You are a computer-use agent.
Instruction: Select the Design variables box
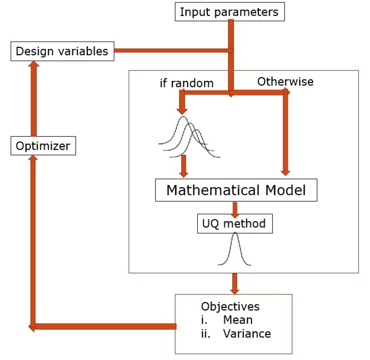[x=62, y=51]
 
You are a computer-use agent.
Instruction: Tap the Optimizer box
[x=43, y=146]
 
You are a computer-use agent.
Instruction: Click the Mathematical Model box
[x=236, y=190]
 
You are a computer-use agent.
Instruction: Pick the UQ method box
[x=234, y=224]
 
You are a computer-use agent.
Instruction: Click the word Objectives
[x=230, y=307]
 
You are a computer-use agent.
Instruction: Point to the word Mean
[x=237, y=320]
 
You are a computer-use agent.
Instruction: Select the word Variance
[x=247, y=334]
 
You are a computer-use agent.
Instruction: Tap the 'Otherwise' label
[x=285, y=82]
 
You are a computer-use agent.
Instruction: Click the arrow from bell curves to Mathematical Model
[x=184, y=165]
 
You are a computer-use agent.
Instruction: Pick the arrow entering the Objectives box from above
[x=234, y=283]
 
